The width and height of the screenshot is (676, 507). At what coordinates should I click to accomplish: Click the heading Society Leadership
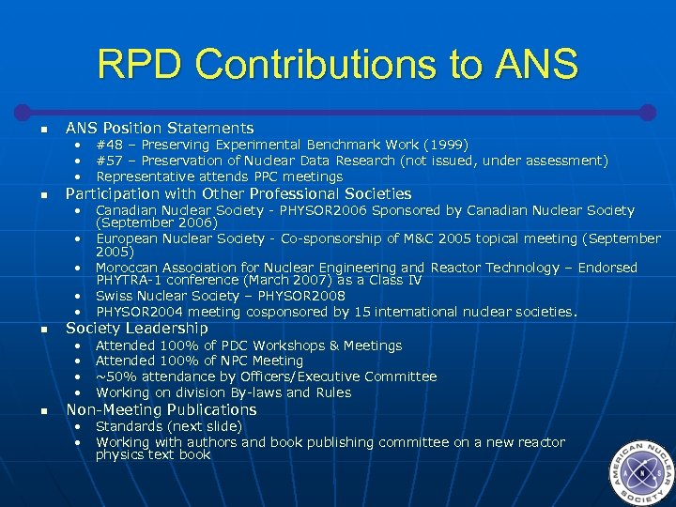137,328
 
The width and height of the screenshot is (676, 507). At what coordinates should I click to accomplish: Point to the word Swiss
114,296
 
